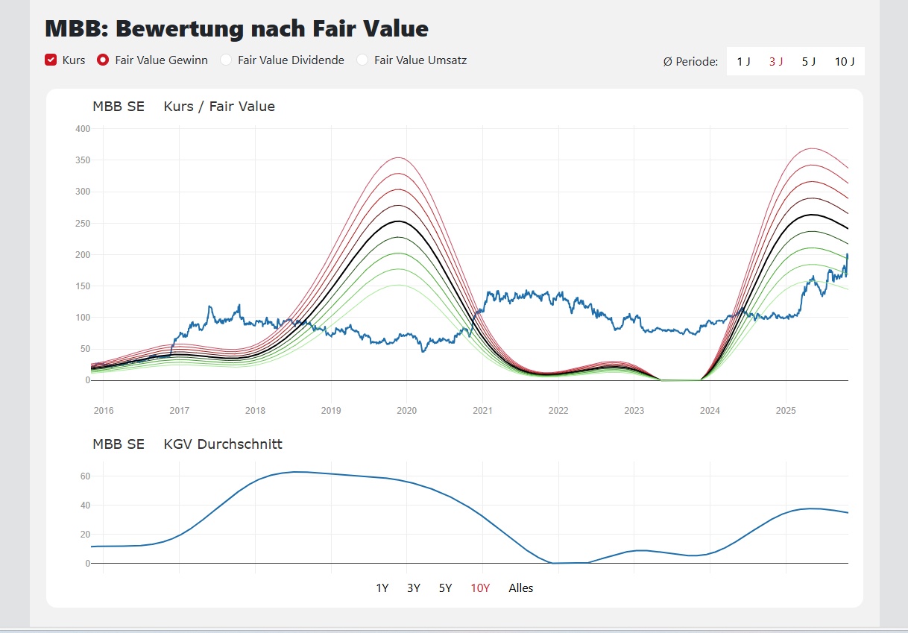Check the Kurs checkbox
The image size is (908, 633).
click(x=51, y=60)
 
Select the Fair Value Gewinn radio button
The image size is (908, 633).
click(x=104, y=60)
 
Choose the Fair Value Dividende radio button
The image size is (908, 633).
click(x=226, y=60)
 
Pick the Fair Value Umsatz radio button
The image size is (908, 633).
click(x=362, y=60)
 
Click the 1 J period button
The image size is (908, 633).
click(x=743, y=61)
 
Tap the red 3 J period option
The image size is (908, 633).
click(x=776, y=61)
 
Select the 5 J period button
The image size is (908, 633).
click(x=809, y=61)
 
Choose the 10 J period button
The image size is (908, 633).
click(x=845, y=61)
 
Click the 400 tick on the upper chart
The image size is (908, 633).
click(x=83, y=129)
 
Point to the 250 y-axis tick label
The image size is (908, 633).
click(x=83, y=224)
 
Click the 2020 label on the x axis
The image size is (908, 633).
click(x=406, y=411)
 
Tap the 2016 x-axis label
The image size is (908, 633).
click(x=104, y=411)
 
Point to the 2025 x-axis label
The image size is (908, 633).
click(x=786, y=411)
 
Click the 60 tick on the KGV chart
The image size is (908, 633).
click(x=85, y=476)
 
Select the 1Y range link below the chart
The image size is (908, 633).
click(x=382, y=588)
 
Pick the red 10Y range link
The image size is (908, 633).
click(x=480, y=588)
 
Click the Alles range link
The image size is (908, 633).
click(x=521, y=588)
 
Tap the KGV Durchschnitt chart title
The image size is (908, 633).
click(x=223, y=444)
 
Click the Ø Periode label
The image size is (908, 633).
click(x=690, y=61)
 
